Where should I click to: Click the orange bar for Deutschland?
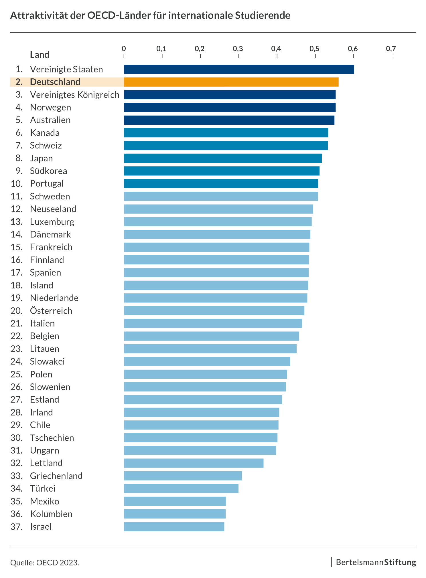pyautogui.click(x=231, y=82)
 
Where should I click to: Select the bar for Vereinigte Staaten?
pyautogui.click(x=239, y=69)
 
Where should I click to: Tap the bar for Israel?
pyautogui.click(x=174, y=526)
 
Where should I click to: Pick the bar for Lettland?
pyautogui.click(x=194, y=463)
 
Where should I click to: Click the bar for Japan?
pyautogui.click(x=223, y=158)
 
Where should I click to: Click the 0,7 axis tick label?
pyautogui.click(x=391, y=49)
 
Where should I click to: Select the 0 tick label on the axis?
pyautogui.click(x=124, y=49)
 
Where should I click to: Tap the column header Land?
pyautogui.click(x=40, y=55)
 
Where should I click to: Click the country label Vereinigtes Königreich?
pyautogui.click(x=74, y=95)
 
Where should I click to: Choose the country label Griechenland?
pyautogui.click(x=56, y=476)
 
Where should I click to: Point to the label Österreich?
pyautogui.click(x=51, y=311)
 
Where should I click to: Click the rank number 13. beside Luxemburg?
pyautogui.click(x=17, y=222)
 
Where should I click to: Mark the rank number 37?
pyautogui.click(x=17, y=526)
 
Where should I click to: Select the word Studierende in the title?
pyautogui.click(x=263, y=15)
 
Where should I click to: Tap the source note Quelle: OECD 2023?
pyautogui.click(x=45, y=563)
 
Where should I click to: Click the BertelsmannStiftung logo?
pyautogui.click(x=376, y=562)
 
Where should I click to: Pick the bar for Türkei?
pyautogui.click(x=181, y=488)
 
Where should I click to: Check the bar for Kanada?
pyautogui.click(x=226, y=133)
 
